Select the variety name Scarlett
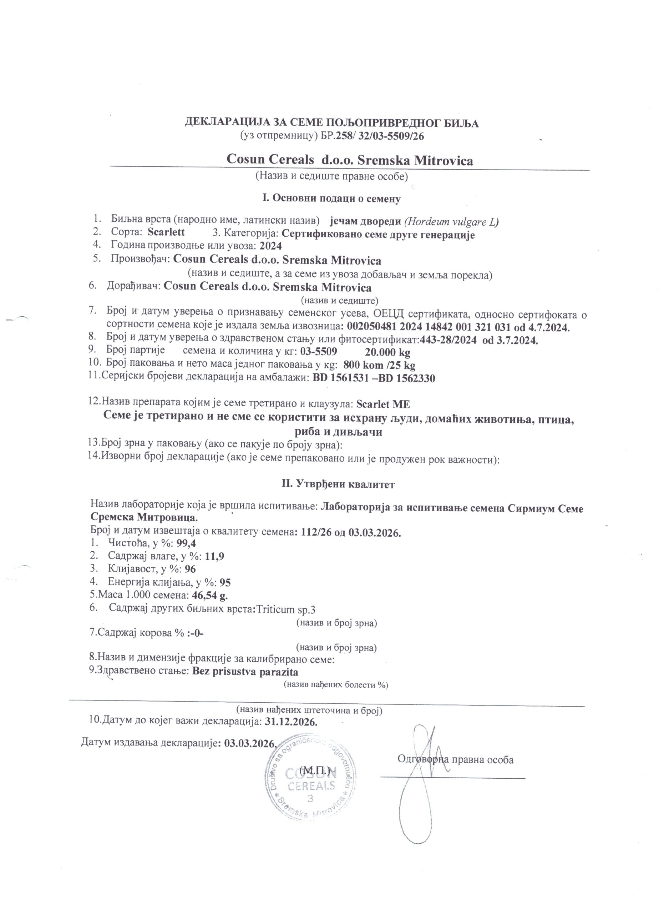[166, 232]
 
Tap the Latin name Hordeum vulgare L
[451, 221]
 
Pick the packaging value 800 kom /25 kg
[379, 365]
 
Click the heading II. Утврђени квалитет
[338, 484]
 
